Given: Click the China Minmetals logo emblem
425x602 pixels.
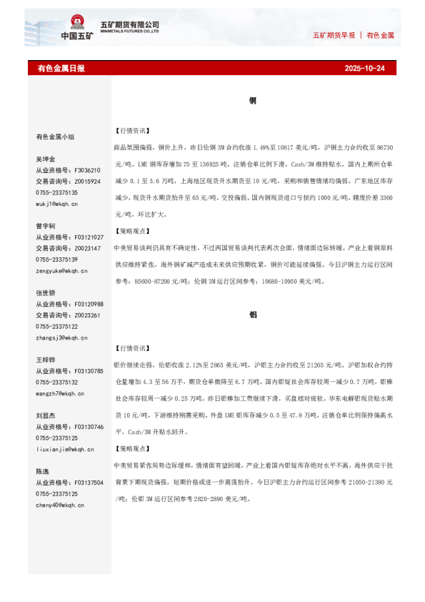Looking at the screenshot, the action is point(76,22).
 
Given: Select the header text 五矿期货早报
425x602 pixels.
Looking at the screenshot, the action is point(334,35).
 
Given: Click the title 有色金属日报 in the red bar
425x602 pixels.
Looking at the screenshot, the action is point(61,69).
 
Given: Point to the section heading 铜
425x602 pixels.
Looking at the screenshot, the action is point(253,101).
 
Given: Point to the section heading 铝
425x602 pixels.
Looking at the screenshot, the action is point(253,315).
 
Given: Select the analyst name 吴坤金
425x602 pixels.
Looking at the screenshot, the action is point(45,159).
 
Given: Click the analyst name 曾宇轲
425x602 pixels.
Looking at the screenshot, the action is point(45,225).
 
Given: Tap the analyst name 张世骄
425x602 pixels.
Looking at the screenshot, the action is point(45,293).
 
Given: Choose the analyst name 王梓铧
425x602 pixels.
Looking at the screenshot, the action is point(45,360).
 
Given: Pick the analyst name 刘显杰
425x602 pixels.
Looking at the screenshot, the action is point(45,415).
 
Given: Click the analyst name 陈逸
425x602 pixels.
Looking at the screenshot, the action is point(42,472).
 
